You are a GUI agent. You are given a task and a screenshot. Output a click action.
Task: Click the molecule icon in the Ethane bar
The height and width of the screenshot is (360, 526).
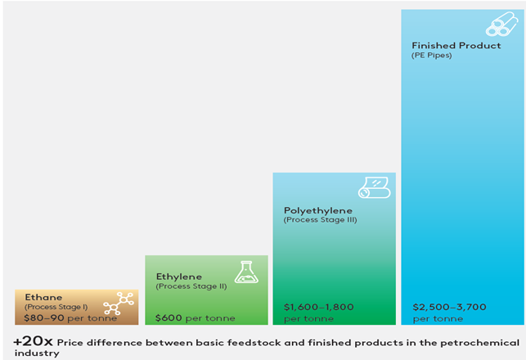(119, 304)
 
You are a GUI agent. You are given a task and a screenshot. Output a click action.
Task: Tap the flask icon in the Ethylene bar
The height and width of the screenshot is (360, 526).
(246, 272)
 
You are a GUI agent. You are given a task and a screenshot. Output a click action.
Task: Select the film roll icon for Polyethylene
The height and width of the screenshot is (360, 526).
(375, 187)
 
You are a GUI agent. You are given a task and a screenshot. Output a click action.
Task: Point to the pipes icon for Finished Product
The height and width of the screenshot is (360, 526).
(501, 25)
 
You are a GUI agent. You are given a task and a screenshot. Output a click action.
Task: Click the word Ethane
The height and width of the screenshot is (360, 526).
(43, 297)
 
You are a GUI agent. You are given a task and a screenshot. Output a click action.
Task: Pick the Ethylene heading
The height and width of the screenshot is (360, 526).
(179, 277)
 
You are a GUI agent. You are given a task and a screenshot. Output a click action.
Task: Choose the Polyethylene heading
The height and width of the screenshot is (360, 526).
(318, 211)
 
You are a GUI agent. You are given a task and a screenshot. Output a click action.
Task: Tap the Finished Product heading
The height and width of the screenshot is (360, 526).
(456, 45)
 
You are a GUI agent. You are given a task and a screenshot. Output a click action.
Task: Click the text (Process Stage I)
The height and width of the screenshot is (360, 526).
(56, 307)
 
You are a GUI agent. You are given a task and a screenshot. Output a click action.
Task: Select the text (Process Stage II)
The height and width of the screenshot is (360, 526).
(191, 286)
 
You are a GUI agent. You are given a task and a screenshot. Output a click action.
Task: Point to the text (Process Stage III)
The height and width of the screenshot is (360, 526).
(321, 220)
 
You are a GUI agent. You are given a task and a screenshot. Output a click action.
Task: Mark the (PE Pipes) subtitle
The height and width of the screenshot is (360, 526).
(432, 56)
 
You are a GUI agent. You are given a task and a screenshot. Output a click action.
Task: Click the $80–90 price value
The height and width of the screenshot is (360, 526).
(44, 317)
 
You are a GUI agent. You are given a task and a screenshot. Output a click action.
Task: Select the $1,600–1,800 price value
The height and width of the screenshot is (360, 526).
(319, 307)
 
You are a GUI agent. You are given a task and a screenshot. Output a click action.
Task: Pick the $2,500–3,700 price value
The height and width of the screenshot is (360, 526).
(450, 307)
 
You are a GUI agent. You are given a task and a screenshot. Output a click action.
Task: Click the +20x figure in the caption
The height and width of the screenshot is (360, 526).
(34, 341)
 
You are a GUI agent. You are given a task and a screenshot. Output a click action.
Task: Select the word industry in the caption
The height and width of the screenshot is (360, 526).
(37, 353)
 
